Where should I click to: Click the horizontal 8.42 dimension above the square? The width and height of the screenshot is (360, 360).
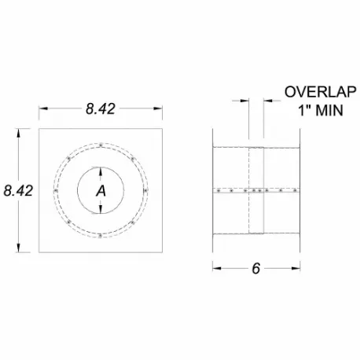(x=101, y=111)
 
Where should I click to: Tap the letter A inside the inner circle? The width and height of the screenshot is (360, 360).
(x=101, y=190)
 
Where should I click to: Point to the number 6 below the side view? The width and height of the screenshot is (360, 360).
(x=255, y=268)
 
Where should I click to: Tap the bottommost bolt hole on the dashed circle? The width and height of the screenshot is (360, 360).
(x=101, y=234)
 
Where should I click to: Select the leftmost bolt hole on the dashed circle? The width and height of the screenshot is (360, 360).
(x=54, y=189)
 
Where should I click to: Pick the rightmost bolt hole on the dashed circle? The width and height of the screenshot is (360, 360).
(x=146, y=189)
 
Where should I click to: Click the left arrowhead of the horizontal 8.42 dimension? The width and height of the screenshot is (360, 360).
(x=42, y=111)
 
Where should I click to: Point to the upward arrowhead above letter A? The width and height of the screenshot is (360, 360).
(x=101, y=171)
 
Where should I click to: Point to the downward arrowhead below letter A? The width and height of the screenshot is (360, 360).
(x=101, y=209)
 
